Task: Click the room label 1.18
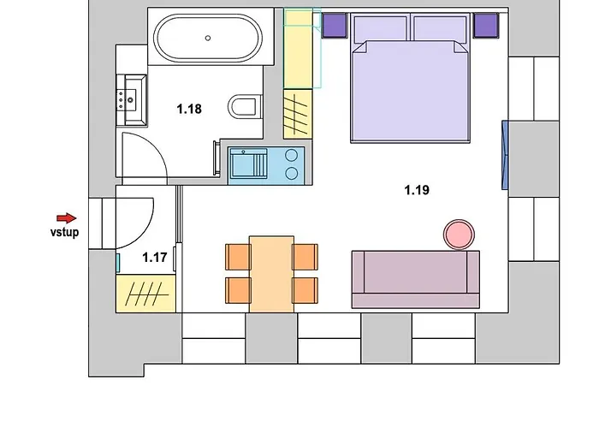[189, 109]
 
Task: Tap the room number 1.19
[417, 190]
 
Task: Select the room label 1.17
[155, 257]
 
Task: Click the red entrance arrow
[67, 218]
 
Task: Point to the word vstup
[64, 232]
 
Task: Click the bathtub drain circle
[208, 38]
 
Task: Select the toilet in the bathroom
[246, 107]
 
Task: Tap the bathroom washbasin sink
[132, 100]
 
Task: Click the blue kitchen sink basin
[247, 163]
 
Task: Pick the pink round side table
[459, 235]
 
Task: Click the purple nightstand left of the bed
[335, 25]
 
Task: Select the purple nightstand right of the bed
[486, 25]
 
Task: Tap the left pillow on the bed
[380, 28]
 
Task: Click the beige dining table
[271, 275]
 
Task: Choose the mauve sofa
[416, 279]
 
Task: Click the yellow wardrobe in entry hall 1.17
[145, 294]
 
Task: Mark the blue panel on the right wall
[505, 155]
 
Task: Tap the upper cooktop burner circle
[292, 155]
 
